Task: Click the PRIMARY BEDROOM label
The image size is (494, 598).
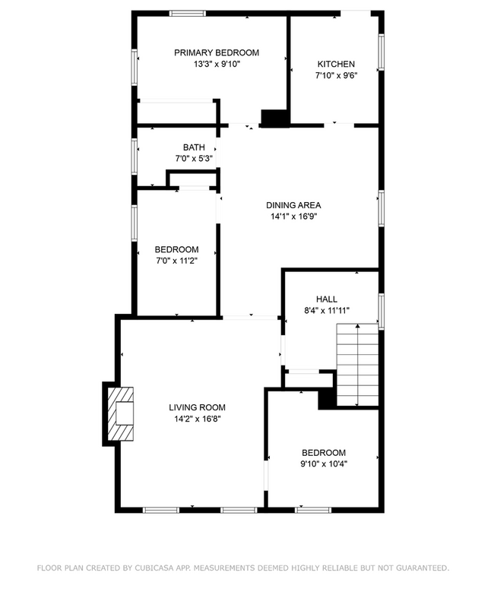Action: (x=217, y=52)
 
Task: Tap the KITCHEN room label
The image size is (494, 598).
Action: (x=336, y=64)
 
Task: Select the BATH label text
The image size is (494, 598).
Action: (x=194, y=147)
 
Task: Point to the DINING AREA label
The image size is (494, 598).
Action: (x=293, y=205)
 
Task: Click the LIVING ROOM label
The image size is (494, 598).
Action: (x=197, y=407)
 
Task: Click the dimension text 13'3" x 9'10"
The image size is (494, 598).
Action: (x=217, y=65)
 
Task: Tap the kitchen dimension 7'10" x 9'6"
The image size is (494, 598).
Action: (x=336, y=75)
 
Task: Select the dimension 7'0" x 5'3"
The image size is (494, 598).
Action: (x=194, y=159)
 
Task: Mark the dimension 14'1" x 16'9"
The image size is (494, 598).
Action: (x=293, y=217)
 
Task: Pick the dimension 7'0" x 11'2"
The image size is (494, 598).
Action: (x=177, y=261)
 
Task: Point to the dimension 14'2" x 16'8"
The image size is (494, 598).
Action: (x=197, y=419)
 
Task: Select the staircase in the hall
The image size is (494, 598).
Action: (x=357, y=364)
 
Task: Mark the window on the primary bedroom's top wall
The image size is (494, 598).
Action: (x=187, y=13)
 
